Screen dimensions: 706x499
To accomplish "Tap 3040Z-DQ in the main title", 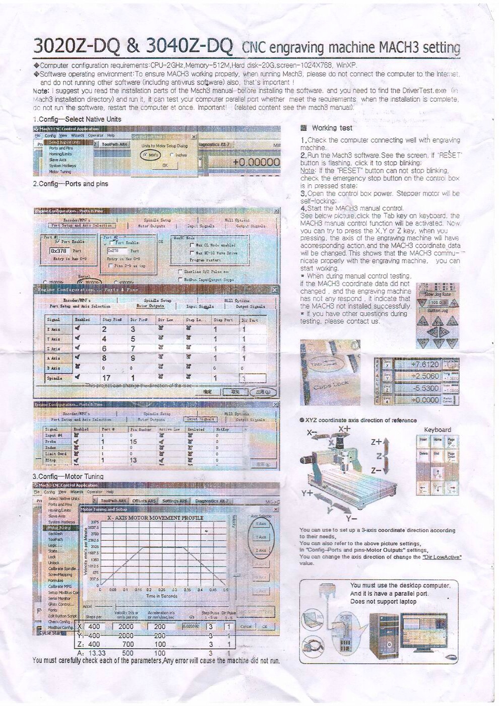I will (x=189, y=46).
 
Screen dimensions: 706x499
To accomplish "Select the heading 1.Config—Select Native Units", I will (x=77, y=119).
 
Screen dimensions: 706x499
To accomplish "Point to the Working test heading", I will (x=332, y=128).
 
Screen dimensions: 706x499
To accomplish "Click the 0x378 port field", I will (x=58, y=251).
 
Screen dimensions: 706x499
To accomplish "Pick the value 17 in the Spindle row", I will (x=106, y=378).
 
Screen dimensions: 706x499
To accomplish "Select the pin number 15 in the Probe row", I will (x=133, y=442).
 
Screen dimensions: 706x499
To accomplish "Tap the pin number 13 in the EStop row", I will (x=133, y=460).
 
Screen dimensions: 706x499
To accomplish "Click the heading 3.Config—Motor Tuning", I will (x=68, y=476).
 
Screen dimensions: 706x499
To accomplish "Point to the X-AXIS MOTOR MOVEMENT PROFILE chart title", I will (x=155, y=518).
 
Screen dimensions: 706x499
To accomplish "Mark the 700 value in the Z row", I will (x=128, y=644).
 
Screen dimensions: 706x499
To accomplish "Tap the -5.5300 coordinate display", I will (x=424, y=388).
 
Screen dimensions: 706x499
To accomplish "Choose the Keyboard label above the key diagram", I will (x=438, y=430).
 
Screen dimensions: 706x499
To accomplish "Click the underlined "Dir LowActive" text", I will (x=442, y=557).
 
